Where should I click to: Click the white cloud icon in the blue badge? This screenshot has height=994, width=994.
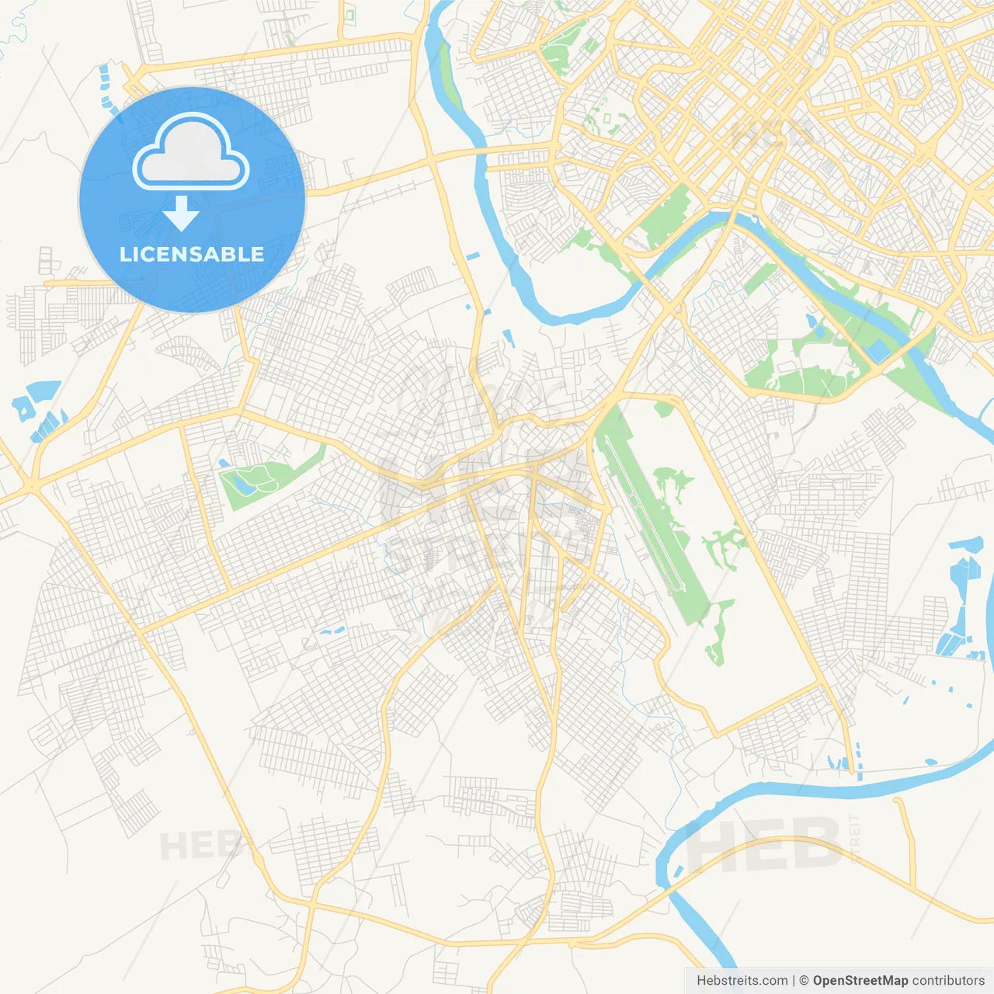(x=191, y=152)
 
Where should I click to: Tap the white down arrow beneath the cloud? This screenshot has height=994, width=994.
(x=182, y=214)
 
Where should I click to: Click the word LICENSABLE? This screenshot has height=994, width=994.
(x=192, y=254)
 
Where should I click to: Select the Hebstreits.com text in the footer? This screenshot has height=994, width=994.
(x=742, y=981)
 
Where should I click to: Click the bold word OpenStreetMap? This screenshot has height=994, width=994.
(x=860, y=981)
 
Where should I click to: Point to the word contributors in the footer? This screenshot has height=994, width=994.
(x=948, y=981)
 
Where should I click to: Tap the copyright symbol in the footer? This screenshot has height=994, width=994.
(x=804, y=981)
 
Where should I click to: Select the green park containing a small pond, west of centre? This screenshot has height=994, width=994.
(x=264, y=478)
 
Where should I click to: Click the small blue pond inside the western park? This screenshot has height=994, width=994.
(x=242, y=481)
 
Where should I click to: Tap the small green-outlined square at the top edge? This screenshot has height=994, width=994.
(x=349, y=14)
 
